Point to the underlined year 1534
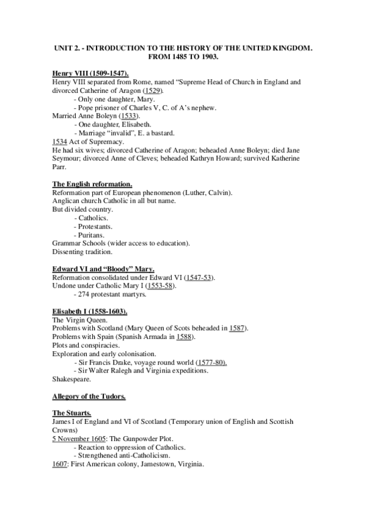[x=59, y=142]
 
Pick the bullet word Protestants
[x=99, y=227]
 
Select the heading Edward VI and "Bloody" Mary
[x=103, y=269]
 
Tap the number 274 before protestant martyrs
[x=84, y=295]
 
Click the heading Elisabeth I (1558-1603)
[x=89, y=312]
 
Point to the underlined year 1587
[x=238, y=329]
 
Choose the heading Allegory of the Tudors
[x=89, y=396]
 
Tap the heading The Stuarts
[x=71, y=414]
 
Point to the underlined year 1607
[x=59, y=465]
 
